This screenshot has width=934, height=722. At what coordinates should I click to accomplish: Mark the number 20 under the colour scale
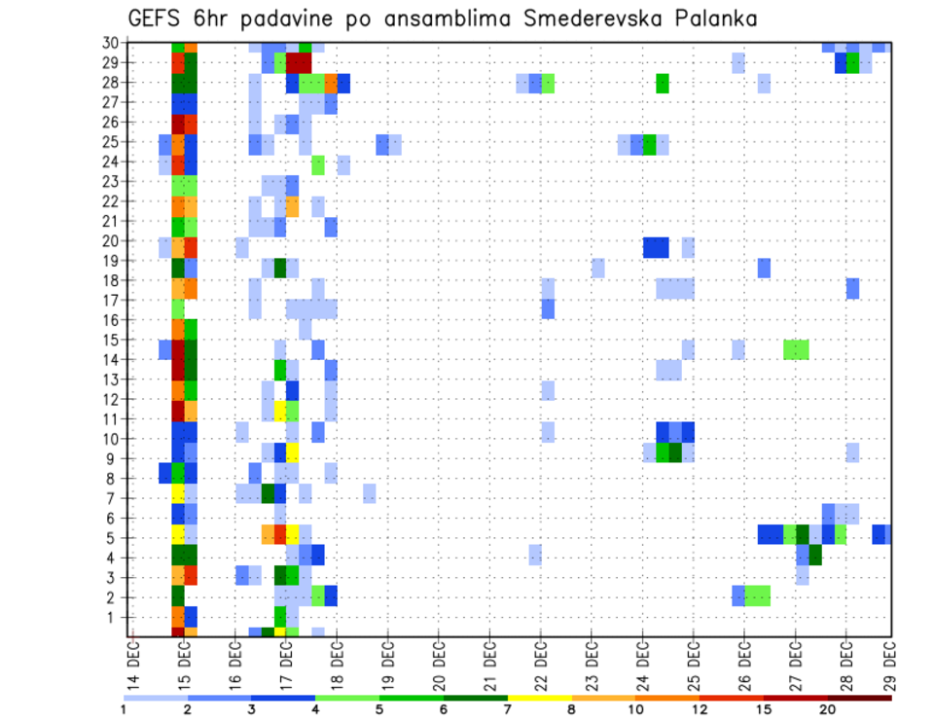click(828, 709)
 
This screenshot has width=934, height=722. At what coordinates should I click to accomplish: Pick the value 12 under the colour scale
click(700, 709)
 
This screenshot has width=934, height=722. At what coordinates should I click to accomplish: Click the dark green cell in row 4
click(815, 556)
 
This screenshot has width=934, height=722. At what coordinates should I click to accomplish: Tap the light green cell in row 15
click(796, 348)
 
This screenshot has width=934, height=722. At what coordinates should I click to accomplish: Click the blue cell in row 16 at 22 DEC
click(548, 308)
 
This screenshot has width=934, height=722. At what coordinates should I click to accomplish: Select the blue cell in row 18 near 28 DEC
click(852, 288)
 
